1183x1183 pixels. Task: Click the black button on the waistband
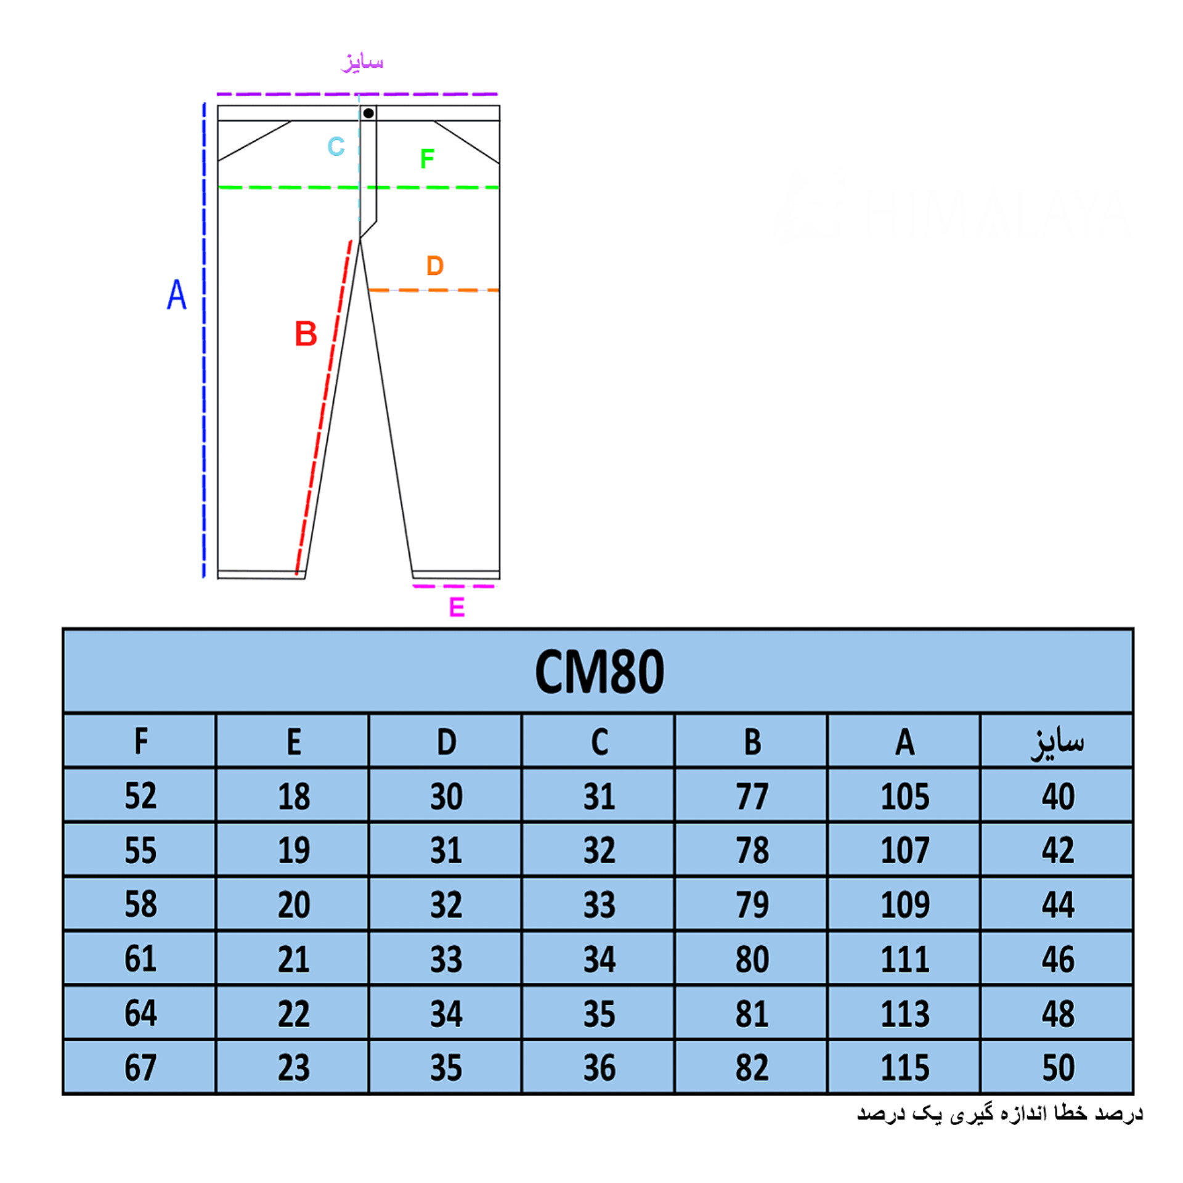pos(368,113)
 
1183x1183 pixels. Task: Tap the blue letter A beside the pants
pos(177,295)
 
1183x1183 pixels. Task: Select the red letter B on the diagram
pos(306,334)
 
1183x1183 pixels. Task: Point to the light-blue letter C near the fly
pos(336,147)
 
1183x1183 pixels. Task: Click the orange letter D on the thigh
pos(435,266)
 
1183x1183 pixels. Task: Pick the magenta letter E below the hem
pos(457,608)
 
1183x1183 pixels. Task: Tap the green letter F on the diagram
pos(427,159)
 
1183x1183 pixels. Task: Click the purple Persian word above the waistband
pos(362,62)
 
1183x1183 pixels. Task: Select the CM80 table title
pos(599,672)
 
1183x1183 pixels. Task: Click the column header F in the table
pos(140,741)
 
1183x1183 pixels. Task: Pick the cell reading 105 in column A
pos(905,796)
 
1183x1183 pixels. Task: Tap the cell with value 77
pos(752,796)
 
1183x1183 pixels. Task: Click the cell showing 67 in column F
pos(140,1068)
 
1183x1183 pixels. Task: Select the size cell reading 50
pos(1057,1068)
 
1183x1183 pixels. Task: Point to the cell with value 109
pos(905,905)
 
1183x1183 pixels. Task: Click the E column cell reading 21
pos(293,959)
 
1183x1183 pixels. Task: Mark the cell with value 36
pos(599,1068)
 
